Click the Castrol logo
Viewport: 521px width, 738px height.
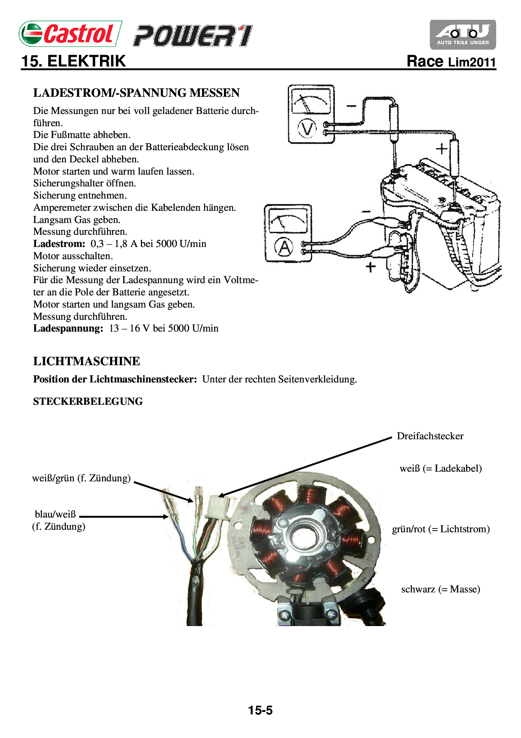tap(70, 34)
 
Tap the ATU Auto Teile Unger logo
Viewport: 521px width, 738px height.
tap(463, 35)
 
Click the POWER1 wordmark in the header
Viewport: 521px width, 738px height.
tap(193, 36)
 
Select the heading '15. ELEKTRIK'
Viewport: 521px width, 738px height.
tap(74, 61)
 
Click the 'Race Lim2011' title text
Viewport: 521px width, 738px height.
tap(451, 62)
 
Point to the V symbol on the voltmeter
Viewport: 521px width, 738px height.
tap(307, 128)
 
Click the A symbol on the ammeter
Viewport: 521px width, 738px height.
tap(284, 247)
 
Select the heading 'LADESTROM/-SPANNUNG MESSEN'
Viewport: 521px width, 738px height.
tap(136, 93)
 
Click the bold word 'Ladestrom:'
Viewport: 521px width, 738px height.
tap(59, 244)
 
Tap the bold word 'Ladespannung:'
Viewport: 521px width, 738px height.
tap(68, 329)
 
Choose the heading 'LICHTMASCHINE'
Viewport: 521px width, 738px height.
tap(87, 361)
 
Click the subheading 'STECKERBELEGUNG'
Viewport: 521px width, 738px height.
tap(88, 401)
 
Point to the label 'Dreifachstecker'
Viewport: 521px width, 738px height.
tap(430, 436)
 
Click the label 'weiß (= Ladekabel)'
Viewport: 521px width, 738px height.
tap(440, 468)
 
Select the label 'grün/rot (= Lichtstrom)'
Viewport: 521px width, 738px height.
tap(441, 529)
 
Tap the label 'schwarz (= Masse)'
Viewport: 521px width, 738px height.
tap(440, 589)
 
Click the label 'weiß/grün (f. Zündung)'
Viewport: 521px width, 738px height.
tap(82, 478)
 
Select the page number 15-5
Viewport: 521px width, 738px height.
tap(260, 710)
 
